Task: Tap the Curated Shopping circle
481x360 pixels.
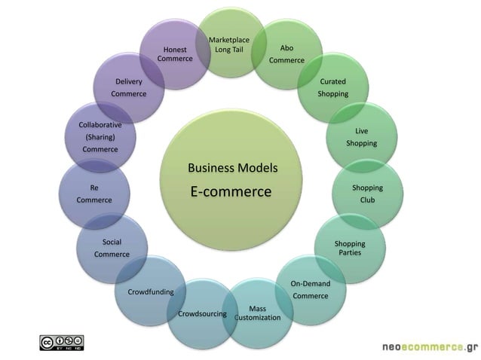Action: click(x=332, y=87)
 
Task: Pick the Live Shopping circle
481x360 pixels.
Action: click(x=361, y=137)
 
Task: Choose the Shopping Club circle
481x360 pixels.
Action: click(x=367, y=194)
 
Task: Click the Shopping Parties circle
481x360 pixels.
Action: click(x=350, y=248)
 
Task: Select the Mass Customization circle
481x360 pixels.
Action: click(x=258, y=313)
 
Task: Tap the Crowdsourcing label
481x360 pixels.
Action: click(x=202, y=313)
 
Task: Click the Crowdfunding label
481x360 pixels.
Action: click(x=151, y=291)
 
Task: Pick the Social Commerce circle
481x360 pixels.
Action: click(x=112, y=248)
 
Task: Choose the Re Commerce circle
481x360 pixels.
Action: click(x=94, y=194)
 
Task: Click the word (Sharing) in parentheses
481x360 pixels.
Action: click(x=100, y=137)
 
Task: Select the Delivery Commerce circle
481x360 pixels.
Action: click(x=129, y=87)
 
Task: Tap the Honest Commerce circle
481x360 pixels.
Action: click(x=175, y=54)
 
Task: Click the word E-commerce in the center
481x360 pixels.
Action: click(x=231, y=192)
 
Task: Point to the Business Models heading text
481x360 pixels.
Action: click(x=232, y=167)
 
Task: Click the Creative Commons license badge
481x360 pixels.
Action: click(x=62, y=343)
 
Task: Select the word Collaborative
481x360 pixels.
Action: click(x=100, y=124)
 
